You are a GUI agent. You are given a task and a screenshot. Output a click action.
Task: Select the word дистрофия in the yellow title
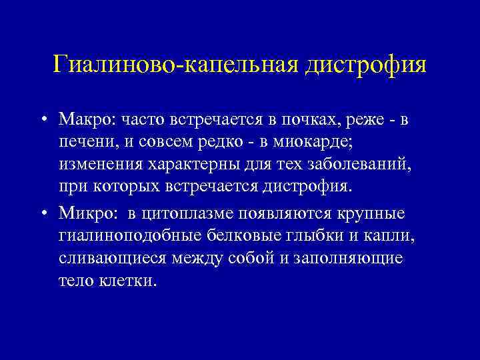(367, 65)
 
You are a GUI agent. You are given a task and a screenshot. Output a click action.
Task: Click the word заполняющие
(357, 259)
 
